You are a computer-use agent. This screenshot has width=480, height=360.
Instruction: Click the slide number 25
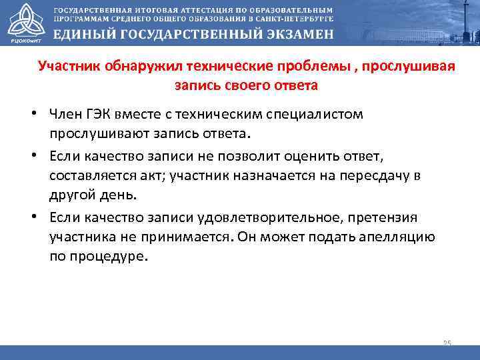[447, 343]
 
